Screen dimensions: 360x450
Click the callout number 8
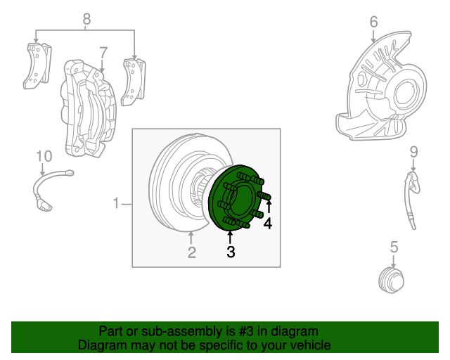point(86,19)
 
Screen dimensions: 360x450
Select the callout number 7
point(103,52)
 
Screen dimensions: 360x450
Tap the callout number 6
point(374,22)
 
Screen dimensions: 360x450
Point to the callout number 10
point(44,155)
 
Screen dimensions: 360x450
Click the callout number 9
point(413,151)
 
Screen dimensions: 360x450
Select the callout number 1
point(117,204)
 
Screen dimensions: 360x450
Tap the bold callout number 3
point(231,252)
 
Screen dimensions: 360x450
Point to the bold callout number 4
point(268,224)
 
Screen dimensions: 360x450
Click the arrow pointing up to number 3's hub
point(230,236)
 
